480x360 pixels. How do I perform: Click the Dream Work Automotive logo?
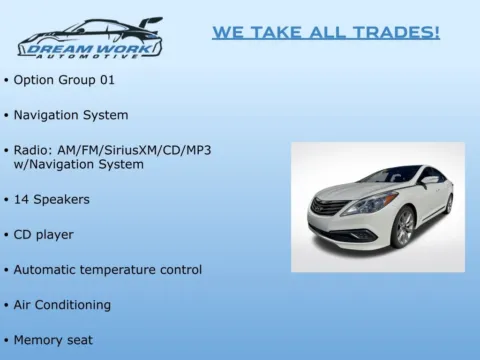point(90,38)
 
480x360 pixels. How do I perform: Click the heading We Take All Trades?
point(325,33)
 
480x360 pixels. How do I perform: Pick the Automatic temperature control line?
point(107,270)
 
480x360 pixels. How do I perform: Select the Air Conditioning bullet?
point(62,305)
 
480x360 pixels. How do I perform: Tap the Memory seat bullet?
point(53,340)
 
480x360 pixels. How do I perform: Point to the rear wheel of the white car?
point(449,204)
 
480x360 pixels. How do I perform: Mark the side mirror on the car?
point(428,181)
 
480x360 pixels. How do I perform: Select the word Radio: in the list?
point(35,150)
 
